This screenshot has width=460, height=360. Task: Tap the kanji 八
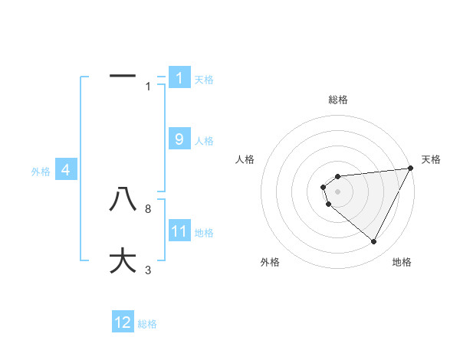tap(123, 200)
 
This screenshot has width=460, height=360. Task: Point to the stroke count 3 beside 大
tap(148, 270)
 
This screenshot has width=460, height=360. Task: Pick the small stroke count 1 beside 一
tap(148, 86)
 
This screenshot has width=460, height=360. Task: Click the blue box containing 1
tap(179, 77)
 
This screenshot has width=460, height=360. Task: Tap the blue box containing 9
tap(179, 139)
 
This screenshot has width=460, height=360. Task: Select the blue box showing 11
tap(179, 231)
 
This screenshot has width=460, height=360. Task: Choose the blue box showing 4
tap(66, 170)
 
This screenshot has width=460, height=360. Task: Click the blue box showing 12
tap(123, 322)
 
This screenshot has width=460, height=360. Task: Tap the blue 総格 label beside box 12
tap(147, 324)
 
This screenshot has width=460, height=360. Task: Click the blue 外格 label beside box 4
tap(41, 172)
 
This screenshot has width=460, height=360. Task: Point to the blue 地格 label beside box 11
tap(204, 232)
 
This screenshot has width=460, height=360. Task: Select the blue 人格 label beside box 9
tap(204, 141)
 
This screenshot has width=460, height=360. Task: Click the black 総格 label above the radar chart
tap(338, 100)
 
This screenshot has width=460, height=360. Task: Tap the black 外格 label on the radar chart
tap(270, 262)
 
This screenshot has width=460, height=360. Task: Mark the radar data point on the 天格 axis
tap(411, 169)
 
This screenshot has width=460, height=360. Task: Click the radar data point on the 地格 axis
tap(374, 242)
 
